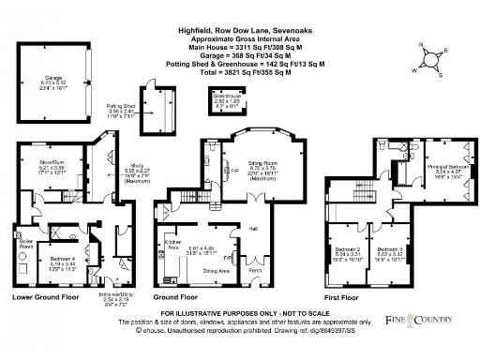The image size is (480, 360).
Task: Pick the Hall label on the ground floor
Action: [x=253, y=227]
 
